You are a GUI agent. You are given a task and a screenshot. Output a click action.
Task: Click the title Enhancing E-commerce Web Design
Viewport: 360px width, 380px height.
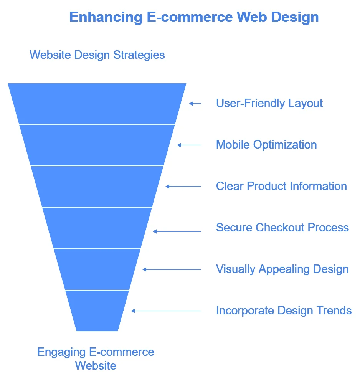[x=194, y=17]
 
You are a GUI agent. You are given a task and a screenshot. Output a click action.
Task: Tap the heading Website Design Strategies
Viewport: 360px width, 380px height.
[x=97, y=55]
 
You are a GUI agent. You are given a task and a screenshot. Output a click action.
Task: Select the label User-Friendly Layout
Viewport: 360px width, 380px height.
[x=269, y=103]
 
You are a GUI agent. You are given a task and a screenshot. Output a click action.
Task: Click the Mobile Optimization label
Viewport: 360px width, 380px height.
[x=266, y=145]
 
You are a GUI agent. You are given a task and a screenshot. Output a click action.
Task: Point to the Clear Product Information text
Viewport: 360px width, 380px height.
[x=281, y=186]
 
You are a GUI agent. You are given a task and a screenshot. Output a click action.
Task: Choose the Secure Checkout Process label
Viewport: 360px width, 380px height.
[x=282, y=228]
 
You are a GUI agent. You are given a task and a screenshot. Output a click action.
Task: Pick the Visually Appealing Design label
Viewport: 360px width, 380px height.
[x=282, y=269]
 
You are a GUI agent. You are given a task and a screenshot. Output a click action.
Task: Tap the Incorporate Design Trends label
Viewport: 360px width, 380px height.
[x=284, y=310]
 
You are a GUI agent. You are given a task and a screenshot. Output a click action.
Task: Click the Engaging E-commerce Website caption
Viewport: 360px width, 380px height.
[x=96, y=359]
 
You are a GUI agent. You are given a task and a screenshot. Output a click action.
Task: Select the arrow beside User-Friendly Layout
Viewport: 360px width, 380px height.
[x=195, y=103]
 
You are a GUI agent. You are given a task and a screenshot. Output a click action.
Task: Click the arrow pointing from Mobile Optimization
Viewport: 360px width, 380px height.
[x=189, y=145]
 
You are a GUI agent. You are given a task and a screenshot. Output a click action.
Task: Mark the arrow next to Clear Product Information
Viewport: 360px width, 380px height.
[x=183, y=187]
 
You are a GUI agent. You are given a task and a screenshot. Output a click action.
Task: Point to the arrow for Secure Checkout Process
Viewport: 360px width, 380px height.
[x=177, y=231]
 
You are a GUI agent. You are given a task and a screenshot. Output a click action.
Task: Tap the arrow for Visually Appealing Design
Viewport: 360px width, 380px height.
[x=172, y=269]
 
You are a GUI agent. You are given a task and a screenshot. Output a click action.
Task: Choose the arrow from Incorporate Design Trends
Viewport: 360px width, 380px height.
[x=166, y=311]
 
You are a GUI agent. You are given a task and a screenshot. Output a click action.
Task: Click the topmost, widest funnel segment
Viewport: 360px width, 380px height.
[x=97, y=104]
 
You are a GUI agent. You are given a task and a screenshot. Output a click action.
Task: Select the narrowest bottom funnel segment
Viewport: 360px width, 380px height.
[x=97, y=311]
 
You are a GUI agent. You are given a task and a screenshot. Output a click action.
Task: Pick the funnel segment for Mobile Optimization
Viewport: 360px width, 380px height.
[x=97, y=145]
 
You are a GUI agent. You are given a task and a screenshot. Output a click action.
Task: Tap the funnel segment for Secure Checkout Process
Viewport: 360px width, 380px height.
[x=97, y=228]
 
